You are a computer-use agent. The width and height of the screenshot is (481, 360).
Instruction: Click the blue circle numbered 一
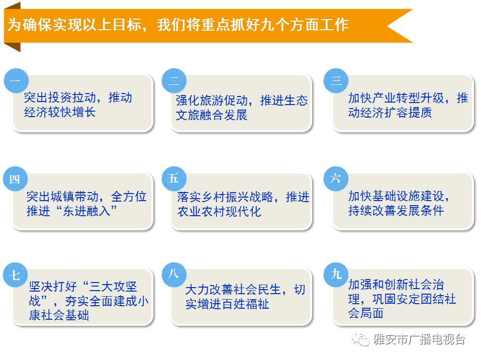[16, 80]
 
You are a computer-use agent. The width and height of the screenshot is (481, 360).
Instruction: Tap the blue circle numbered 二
[173, 80]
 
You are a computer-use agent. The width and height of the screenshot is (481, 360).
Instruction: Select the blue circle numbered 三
[336, 80]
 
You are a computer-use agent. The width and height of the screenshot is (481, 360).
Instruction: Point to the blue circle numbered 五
[173, 179]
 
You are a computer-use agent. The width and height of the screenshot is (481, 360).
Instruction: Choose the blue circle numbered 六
[336, 179]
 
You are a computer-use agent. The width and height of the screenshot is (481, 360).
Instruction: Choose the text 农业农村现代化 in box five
[219, 211]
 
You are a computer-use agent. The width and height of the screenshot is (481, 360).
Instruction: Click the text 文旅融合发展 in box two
[212, 115]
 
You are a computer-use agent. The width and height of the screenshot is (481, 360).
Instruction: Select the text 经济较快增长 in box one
[60, 112]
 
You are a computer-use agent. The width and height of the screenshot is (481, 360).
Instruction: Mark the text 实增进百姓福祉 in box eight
[227, 304]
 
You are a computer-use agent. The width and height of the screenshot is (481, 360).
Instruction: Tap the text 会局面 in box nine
[366, 313]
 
